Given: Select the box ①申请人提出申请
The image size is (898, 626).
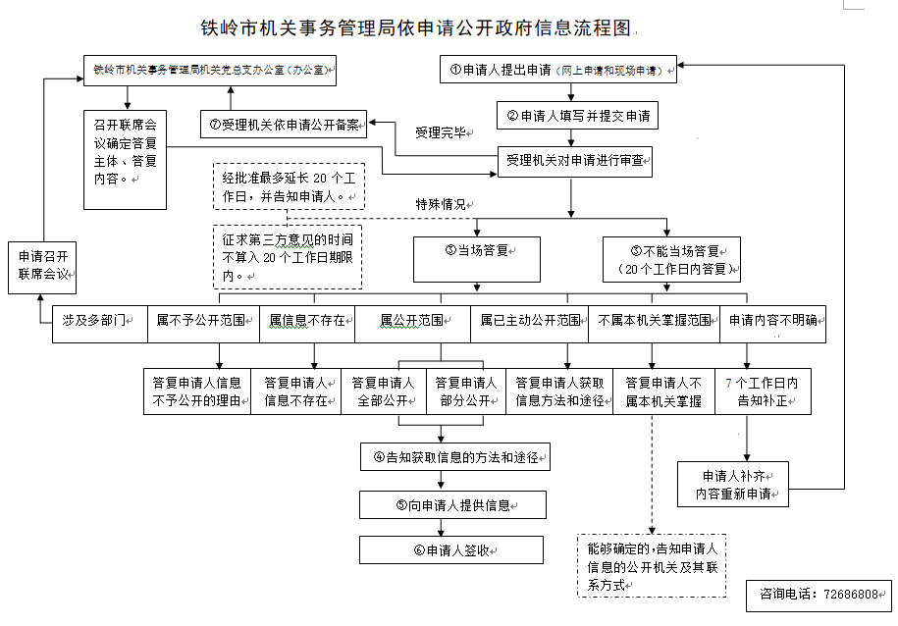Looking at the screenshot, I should [557, 71].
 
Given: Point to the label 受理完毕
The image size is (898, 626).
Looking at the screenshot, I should [441, 132].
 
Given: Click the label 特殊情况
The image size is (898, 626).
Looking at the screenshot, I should [441, 204].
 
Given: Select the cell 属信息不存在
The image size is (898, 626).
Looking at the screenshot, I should [307, 321].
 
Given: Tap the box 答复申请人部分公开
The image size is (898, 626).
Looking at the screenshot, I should [465, 391].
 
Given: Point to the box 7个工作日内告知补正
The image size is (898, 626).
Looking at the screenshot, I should [763, 391].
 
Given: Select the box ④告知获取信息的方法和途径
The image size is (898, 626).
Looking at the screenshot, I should [454, 456].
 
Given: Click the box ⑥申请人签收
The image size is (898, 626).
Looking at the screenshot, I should [450, 550].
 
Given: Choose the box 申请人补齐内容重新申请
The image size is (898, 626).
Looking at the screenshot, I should [733, 484].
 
